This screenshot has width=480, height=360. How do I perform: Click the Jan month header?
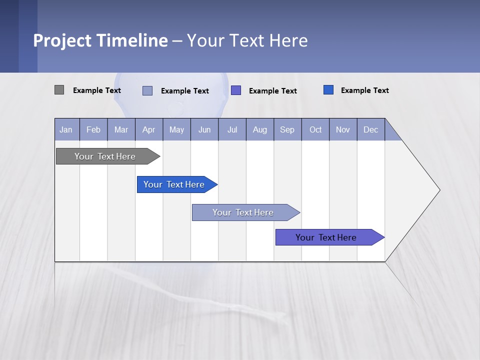pyautogui.click(x=66, y=129)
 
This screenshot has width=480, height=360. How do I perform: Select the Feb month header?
pyautogui.click(x=93, y=129)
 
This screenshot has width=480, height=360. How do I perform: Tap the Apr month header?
pyautogui.click(x=149, y=129)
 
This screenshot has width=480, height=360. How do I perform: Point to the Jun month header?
pyautogui.click(x=204, y=129)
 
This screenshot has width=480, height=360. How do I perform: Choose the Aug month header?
pyautogui.click(x=260, y=129)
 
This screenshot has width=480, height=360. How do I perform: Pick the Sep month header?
pyautogui.click(x=287, y=129)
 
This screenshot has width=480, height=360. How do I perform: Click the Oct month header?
pyautogui.click(x=315, y=129)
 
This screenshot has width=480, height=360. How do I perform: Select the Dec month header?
pyautogui.click(x=371, y=129)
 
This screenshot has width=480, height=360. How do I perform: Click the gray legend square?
pyautogui.click(x=59, y=90)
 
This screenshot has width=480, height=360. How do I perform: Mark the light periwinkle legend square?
pyautogui.click(x=147, y=90)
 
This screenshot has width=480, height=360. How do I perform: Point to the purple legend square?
pyautogui.click(x=236, y=90)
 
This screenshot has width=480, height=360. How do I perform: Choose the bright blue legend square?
pyautogui.click(x=328, y=90)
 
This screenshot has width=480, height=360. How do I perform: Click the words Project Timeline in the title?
pyautogui.click(x=100, y=40)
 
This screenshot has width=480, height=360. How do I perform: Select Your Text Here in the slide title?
pyautogui.click(x=247, y=40)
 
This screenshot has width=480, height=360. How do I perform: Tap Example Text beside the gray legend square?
pyautogui.click(x=97, y=90)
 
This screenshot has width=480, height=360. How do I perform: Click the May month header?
pyautogui.click(x=176, y=129)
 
